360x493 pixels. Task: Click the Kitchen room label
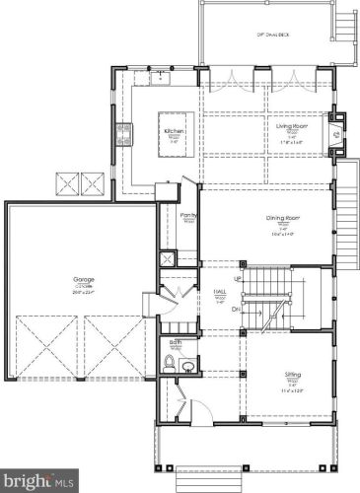[x=176, y=130]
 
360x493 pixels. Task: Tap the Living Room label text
[x=282, y=126]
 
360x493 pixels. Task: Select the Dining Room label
[x=282, y=219]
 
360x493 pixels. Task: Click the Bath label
[x=176, y=343]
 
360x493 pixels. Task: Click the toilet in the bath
[x=171, y=364]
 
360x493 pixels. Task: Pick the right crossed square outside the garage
[x=95, y=183]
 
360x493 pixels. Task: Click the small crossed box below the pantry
[x=168, y=258]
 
